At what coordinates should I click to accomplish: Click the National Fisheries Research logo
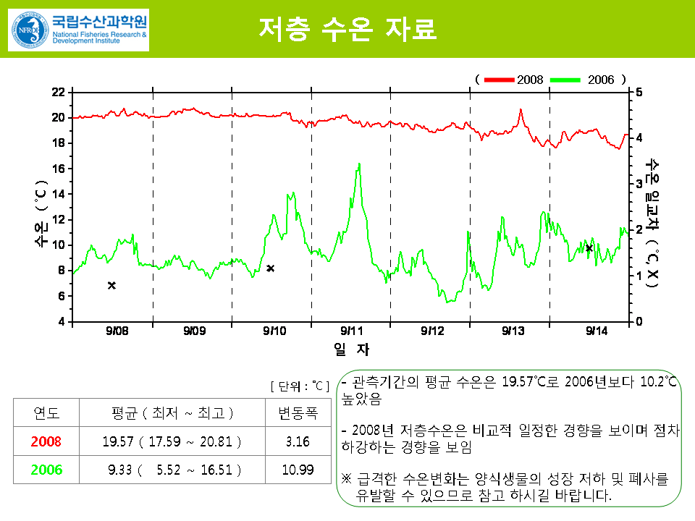[x=78, y=30]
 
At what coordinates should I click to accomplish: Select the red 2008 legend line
[x=500, y=79]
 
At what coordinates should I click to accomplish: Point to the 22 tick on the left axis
[x=59, y=92]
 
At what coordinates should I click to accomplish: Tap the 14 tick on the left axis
[x=59, y=194]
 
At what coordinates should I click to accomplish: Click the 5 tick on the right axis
[x=636, y=92]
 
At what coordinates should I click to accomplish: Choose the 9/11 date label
[x=350, y=331]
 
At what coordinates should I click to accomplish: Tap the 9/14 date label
[x=597, y=331]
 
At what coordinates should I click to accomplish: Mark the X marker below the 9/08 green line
[x=111, y=285]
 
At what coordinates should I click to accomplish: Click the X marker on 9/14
[x=589, y=248]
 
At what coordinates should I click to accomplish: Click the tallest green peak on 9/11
[x=358, y=164]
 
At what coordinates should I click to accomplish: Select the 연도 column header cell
[x=47, y=413]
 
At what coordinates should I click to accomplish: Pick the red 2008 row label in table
[x=47, y=441]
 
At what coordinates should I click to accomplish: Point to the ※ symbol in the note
[x=346, y=479]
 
